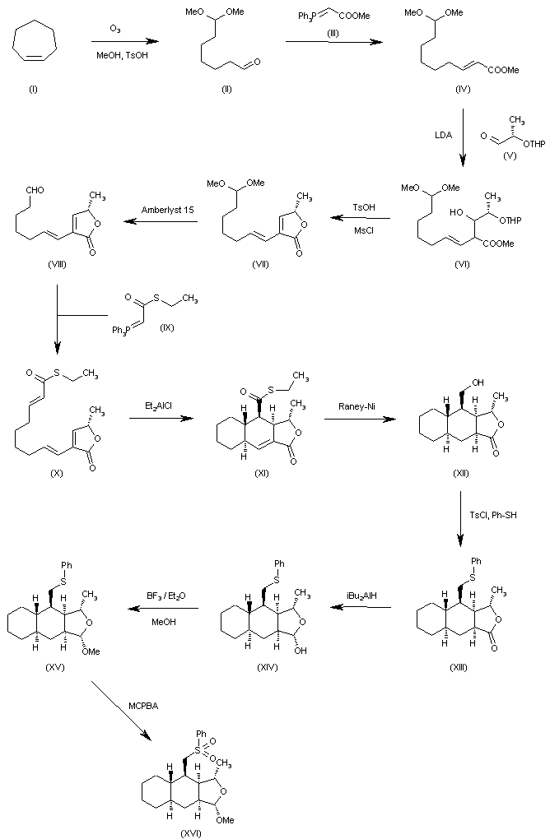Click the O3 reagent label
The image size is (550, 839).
coord(115,30)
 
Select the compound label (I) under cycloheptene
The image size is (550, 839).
coord(33,90)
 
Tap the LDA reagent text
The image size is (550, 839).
coord(444,136)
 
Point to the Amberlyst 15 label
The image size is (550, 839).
coord(168,210)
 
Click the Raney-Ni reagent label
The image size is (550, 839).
coord(357,406)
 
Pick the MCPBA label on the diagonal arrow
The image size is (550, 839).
coord(143,706)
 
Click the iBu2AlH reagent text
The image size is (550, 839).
coord(361,596)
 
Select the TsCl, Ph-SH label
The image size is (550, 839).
coord(493,515)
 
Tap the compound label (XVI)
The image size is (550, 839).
coord(191,833)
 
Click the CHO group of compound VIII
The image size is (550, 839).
coord(35,190)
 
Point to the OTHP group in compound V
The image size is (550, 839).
coord(534,144)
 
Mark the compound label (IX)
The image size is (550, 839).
coord(167,327)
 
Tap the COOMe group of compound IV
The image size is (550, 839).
coord(503,70)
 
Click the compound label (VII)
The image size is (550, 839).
coord(260,265)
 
